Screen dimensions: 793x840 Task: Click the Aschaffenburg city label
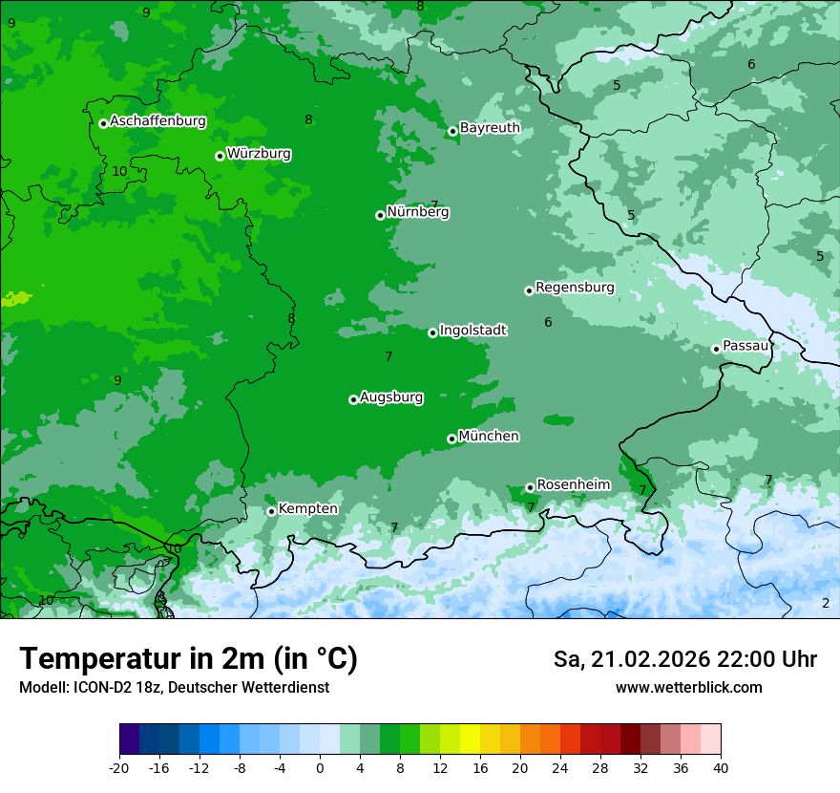tap(157, 121)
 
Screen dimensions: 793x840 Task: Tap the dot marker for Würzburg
tap(220, 156)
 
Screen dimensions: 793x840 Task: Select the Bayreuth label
tap(490, 127)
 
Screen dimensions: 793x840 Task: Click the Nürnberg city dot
tap(380, 215)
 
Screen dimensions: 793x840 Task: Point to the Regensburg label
tap(575, 287)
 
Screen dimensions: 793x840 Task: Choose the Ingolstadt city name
tap(472, 330)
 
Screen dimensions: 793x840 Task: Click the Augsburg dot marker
tap(353, 399)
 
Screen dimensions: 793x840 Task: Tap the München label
tap(489, 436)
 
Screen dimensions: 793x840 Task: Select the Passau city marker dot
tap(716, 349)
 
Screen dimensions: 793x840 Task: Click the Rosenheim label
tap(573, 484)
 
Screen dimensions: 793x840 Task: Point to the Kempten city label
tap(307, 508)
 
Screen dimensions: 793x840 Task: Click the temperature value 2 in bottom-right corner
tap(826, 603)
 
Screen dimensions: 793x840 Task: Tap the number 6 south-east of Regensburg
tap(548, 322)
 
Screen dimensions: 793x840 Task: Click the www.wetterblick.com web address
tap(688, 687)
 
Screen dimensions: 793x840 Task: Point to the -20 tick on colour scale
tap(119, 768)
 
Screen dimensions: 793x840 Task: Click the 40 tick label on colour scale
tap(720, 768)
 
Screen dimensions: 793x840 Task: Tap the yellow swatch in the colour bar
tap(470, 739)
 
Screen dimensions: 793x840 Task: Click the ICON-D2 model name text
tap(101, 687)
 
